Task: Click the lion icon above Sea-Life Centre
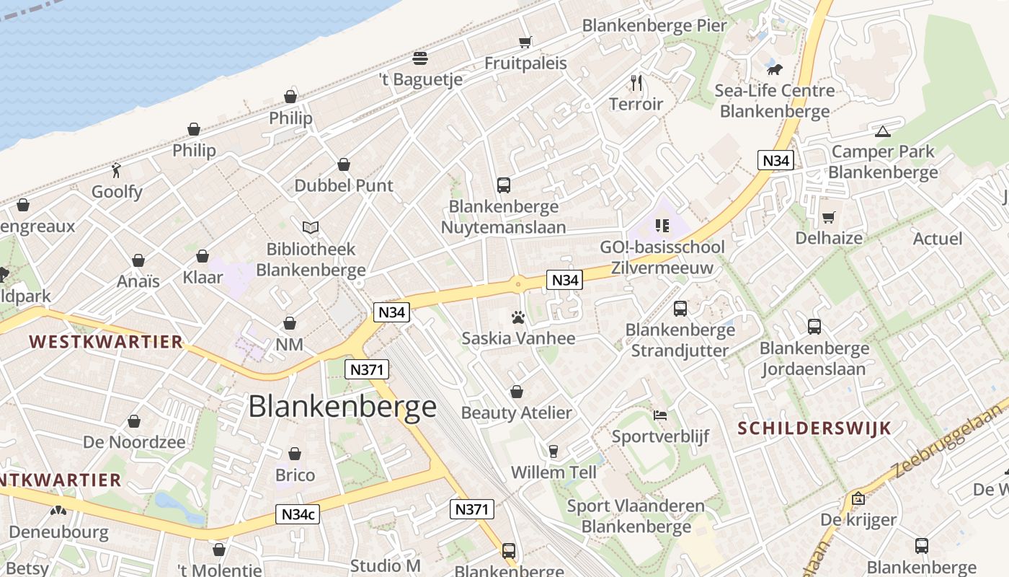775,69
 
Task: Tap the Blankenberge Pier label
654,25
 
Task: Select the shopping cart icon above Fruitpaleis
525,42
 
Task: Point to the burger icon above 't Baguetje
420,58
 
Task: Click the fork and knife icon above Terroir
636,82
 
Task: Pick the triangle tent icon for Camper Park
882,131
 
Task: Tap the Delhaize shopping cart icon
829,217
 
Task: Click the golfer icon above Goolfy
117,170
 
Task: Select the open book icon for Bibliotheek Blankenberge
311,228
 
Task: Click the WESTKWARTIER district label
106,342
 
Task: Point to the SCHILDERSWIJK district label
814,428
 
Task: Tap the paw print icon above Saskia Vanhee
517,317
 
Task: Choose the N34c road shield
297,514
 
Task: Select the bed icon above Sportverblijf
660,415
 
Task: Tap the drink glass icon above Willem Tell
554,452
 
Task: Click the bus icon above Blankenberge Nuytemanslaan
504,185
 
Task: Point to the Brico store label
295,475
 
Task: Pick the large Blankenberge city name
342,407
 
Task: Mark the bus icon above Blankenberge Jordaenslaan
814,327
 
